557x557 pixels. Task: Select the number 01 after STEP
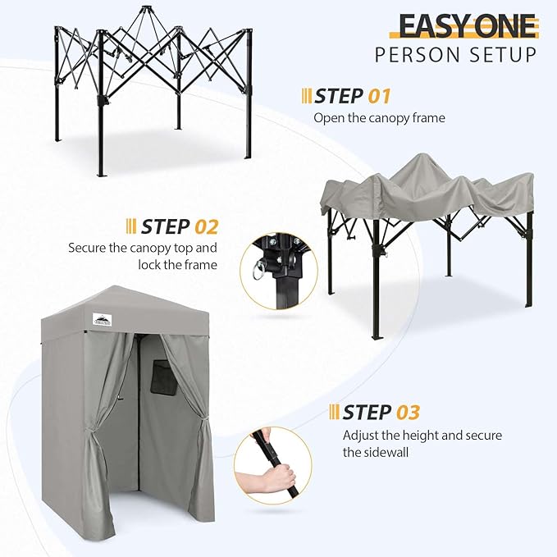point(378,96)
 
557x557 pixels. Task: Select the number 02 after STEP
point(206,226)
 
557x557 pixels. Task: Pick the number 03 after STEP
point(408,411)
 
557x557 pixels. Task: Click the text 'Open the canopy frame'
point(379,118)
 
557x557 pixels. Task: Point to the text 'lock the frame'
point(185,264)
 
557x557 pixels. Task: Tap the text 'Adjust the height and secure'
point(422,435)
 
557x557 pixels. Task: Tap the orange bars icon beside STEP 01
point(307,96)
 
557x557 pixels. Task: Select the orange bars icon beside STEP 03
point(335,411)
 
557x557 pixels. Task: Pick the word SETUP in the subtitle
point(505,55)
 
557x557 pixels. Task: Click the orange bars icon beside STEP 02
point(130,226)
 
